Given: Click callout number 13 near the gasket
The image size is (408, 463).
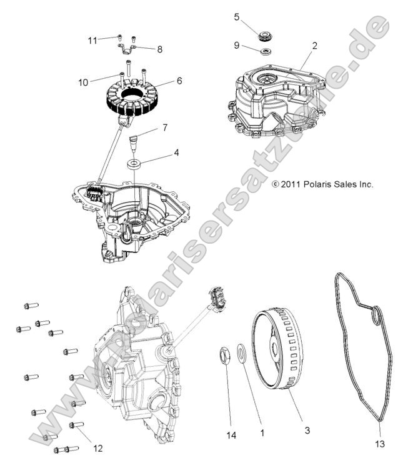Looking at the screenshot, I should click(381, 444).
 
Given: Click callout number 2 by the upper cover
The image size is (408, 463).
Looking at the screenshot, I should click(314, 46).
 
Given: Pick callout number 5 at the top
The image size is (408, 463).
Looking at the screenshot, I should click(237, 17).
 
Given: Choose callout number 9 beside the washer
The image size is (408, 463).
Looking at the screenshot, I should click(237, 45).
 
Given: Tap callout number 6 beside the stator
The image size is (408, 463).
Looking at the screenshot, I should click(179, 81).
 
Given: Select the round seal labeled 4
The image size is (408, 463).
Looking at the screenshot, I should click(134, 165).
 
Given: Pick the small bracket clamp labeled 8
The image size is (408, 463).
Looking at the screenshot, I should click(126, 48).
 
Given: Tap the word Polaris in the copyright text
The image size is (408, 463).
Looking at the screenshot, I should click(326, 184).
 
